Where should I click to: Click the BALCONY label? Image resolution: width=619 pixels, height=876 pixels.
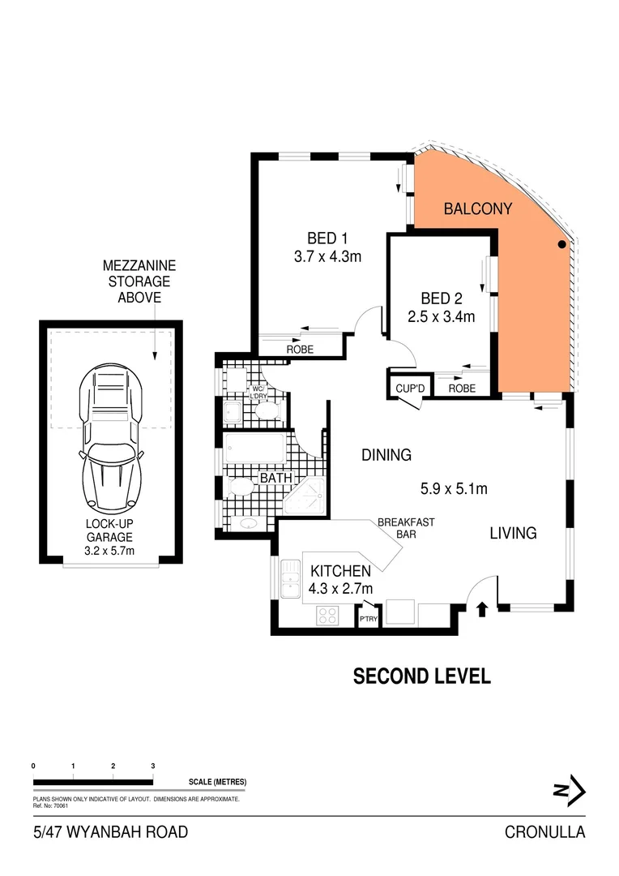pos(478,208)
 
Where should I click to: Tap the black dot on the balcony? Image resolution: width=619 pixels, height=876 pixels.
pos(561,244)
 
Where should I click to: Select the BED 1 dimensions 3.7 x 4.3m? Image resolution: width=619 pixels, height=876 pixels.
pos(327,257)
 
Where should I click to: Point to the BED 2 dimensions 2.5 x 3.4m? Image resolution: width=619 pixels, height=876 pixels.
pos(441,316)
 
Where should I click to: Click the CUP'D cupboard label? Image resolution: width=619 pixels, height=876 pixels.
pos(410,389)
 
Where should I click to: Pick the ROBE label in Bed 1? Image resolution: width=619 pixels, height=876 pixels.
pos(300,350)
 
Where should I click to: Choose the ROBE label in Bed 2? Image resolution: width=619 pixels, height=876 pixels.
pos(462,389)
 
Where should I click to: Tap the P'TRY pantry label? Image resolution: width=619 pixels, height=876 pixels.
pos(369,619)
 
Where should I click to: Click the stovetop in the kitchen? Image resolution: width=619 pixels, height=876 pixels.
pos(327,616)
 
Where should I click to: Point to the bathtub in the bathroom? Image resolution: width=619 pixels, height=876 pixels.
pos(254,448)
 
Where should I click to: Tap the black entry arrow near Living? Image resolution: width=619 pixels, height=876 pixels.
pos(482,609)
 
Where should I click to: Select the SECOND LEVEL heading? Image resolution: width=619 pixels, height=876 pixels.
pos(421,676)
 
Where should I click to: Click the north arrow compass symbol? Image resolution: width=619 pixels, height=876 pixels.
pos(570,788)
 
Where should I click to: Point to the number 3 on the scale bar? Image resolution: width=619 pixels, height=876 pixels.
pos(152,766)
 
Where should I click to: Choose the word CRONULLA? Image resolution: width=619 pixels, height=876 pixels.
pos(544,832)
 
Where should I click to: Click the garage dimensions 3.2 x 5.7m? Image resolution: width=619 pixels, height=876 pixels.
pos(109,551)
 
